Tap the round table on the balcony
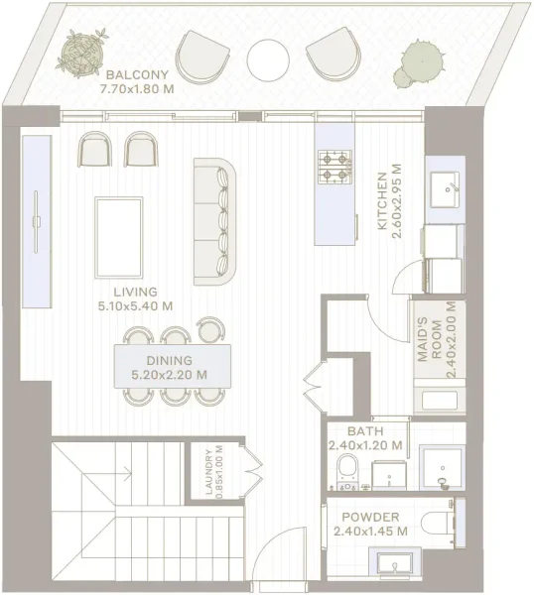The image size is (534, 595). (x=267, y=59)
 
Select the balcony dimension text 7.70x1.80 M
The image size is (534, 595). (x=137, y=88)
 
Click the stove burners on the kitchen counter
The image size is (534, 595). (x=335, y=167)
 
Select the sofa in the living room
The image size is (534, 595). (x=217, y=219)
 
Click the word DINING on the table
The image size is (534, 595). (x=170, y=361)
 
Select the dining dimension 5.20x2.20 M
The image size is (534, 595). (x=170, y=376)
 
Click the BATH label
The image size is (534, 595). (x=366, y=431)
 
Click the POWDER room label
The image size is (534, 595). (x=369, y=518)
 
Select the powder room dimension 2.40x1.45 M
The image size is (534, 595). (x=369, y=532)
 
